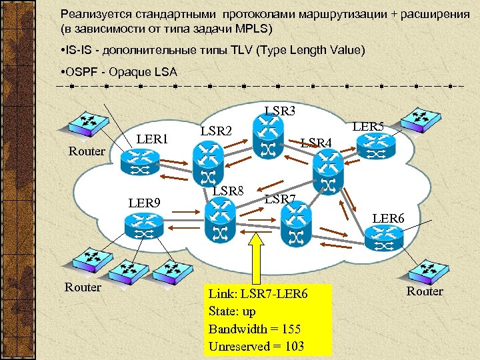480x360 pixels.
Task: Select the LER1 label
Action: click(151, 139)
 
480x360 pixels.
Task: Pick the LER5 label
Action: click(368, 126)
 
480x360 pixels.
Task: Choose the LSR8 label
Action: click(228, 192)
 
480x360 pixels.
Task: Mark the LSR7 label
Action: click(280, 199)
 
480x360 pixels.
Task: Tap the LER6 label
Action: click(388, 217)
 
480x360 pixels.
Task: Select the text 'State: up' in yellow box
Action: click(232, 311)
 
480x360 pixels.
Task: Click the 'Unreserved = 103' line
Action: click(256, 346)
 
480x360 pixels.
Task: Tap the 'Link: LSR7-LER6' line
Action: click(257, 294)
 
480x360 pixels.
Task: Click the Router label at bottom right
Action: click(425, 291)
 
